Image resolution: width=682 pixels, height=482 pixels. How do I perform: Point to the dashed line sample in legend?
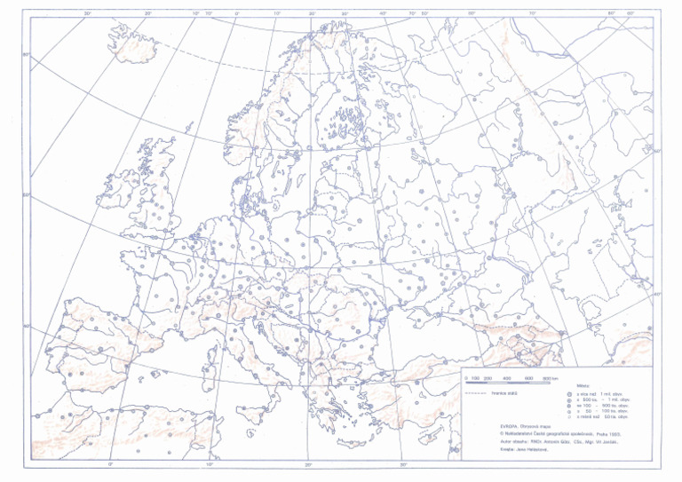pyautogui.click(x=477, y=392)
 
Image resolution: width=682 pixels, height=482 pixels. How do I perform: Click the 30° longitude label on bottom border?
pyautogui.click(x=402, y=464)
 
